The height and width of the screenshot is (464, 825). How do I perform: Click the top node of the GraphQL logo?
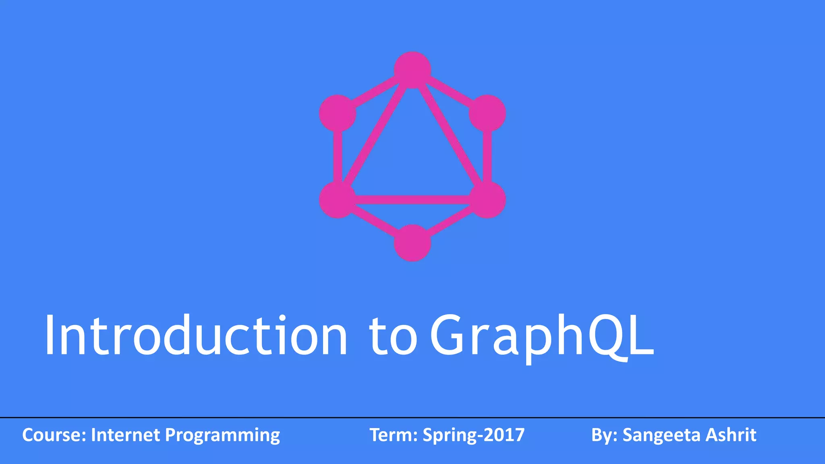(412, 70)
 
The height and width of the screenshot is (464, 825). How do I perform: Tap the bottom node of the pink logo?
(412, 243)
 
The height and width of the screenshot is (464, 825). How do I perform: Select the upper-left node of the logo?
(338, 113)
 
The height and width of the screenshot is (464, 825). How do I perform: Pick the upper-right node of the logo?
(487, 113)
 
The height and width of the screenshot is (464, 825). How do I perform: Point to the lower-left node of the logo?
(338, 200)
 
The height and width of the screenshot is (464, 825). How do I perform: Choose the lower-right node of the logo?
(487, 200)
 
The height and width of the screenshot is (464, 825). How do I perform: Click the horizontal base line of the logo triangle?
(412, 200)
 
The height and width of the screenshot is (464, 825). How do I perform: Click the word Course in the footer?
(52, 435)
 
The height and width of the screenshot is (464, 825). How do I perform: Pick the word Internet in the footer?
(125, 435)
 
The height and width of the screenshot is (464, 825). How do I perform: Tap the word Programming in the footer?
(222, 436)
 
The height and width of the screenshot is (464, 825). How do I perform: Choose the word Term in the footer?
(392, 435)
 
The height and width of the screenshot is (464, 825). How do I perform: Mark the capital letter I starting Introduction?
(50, 335)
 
